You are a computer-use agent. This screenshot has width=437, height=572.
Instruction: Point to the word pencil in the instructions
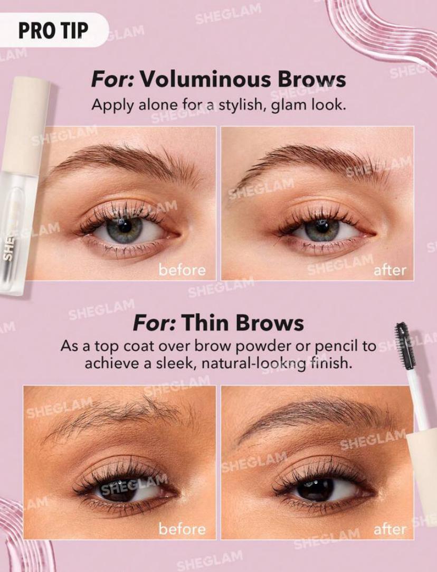point(339,346)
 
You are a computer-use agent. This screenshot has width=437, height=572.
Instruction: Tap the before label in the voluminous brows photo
point(182,270)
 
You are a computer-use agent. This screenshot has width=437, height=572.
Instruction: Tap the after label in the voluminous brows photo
point(389,270)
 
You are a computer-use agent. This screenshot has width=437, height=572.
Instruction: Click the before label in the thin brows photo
point(182,529)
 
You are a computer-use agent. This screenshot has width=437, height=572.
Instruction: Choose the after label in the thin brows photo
point(389,529)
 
